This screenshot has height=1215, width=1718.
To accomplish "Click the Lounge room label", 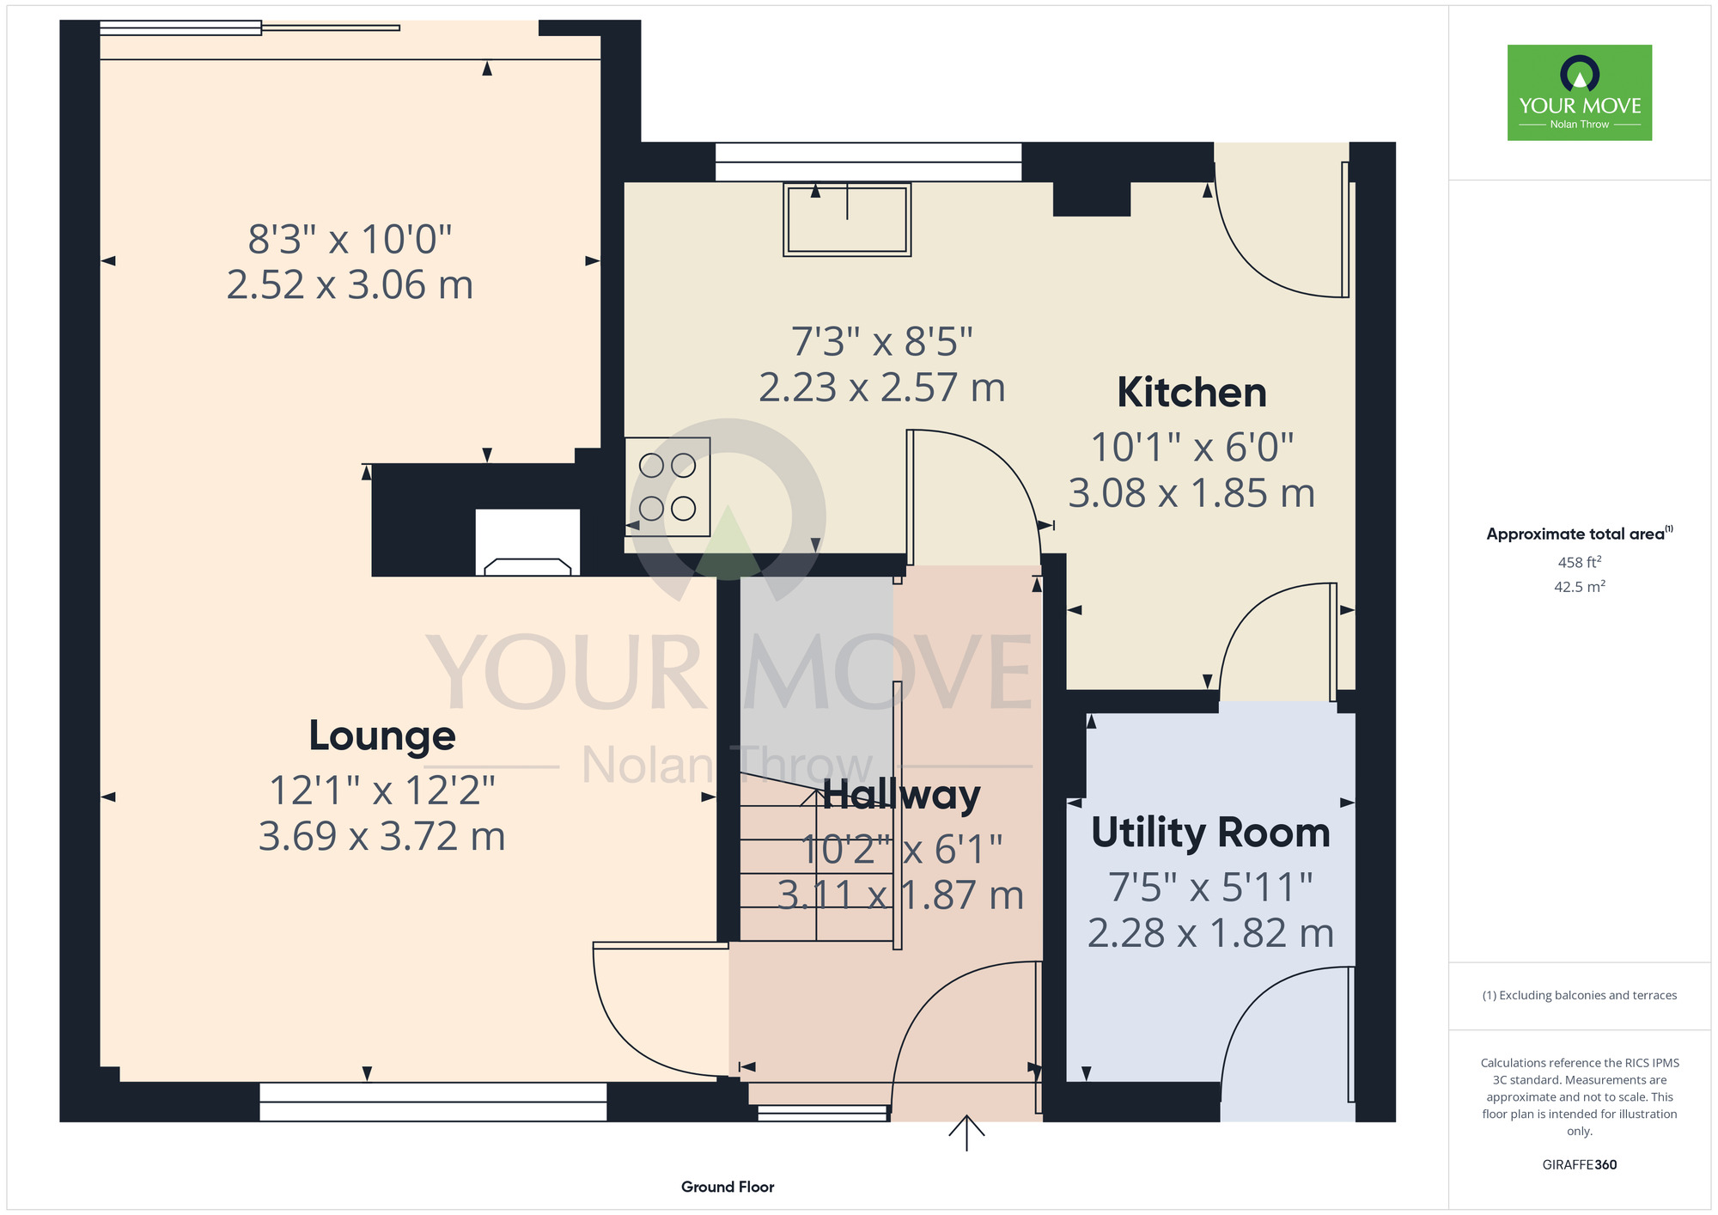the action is (382, 736).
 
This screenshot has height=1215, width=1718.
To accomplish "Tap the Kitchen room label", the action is (1191, 393).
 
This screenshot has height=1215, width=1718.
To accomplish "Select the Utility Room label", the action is (1210, 833).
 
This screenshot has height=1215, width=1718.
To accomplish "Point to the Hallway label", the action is (901, 795).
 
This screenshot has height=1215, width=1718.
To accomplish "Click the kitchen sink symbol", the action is (847, 219).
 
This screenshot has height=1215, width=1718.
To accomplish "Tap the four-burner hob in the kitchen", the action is (667, 487).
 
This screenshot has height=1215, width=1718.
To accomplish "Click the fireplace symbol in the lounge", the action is (527, 542).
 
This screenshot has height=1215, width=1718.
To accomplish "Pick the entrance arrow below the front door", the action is (966, 1133).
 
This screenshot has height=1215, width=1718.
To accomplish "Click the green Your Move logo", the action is (1580, 93).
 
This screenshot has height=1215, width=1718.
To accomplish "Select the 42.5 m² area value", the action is (1580, 587).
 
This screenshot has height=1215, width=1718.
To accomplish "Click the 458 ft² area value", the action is (1580, 562).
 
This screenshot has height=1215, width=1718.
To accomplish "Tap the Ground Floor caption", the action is (728, 1187).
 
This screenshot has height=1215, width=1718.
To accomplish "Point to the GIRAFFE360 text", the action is (1580, 1165).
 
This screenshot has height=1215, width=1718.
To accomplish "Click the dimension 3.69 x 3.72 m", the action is (382, 836).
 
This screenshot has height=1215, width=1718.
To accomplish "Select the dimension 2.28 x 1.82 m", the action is (1210, 933).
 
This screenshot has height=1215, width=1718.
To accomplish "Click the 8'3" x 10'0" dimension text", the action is (350, 239).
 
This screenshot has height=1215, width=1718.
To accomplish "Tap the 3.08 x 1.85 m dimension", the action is (1191, 493).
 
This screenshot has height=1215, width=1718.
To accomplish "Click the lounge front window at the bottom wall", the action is (433, 1102).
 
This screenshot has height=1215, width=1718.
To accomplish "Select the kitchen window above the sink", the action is (868, 162).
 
